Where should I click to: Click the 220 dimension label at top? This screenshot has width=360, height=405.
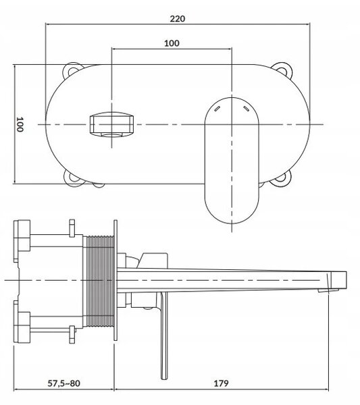[x=178, y=19]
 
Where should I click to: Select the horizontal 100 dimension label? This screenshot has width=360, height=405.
[x=172, y=43]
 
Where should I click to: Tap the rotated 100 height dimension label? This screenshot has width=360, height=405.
[x=20, y=124]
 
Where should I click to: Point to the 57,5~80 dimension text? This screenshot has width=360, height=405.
[x=64, y=383]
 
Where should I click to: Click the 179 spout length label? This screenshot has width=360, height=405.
[x=221, y=383]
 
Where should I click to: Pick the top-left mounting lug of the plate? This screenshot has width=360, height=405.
[x=72, y=70]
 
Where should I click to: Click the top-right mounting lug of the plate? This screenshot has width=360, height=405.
[x=282, y=70]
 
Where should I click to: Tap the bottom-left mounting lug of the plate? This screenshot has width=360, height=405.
[x=73, y=178]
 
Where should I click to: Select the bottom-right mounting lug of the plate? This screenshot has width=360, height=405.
[x=281, y=179]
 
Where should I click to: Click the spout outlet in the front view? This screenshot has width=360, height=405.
[x=112, y=124]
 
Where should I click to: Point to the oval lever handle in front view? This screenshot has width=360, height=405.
[x=232, y=161]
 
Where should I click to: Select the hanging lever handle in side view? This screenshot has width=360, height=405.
[x=164, y=335]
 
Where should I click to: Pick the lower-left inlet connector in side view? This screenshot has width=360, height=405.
[x=22, y=326]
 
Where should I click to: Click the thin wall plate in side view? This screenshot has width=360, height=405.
[x=115, y=281]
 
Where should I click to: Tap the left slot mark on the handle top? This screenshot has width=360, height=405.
[x=217, y=109]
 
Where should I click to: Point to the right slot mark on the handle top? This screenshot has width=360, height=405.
[x=247, y=109]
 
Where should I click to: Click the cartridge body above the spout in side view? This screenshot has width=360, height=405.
[x=153, y=261]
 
